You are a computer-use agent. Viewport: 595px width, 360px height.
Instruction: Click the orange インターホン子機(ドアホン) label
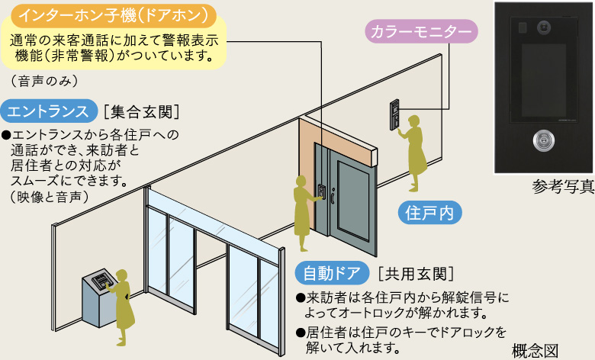click(114, 15)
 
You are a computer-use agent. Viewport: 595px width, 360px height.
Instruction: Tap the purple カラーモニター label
click(421, 32)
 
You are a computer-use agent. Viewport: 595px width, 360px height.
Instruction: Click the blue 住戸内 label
click(429, 212)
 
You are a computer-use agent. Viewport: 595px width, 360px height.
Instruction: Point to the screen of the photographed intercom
click(544, 80)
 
